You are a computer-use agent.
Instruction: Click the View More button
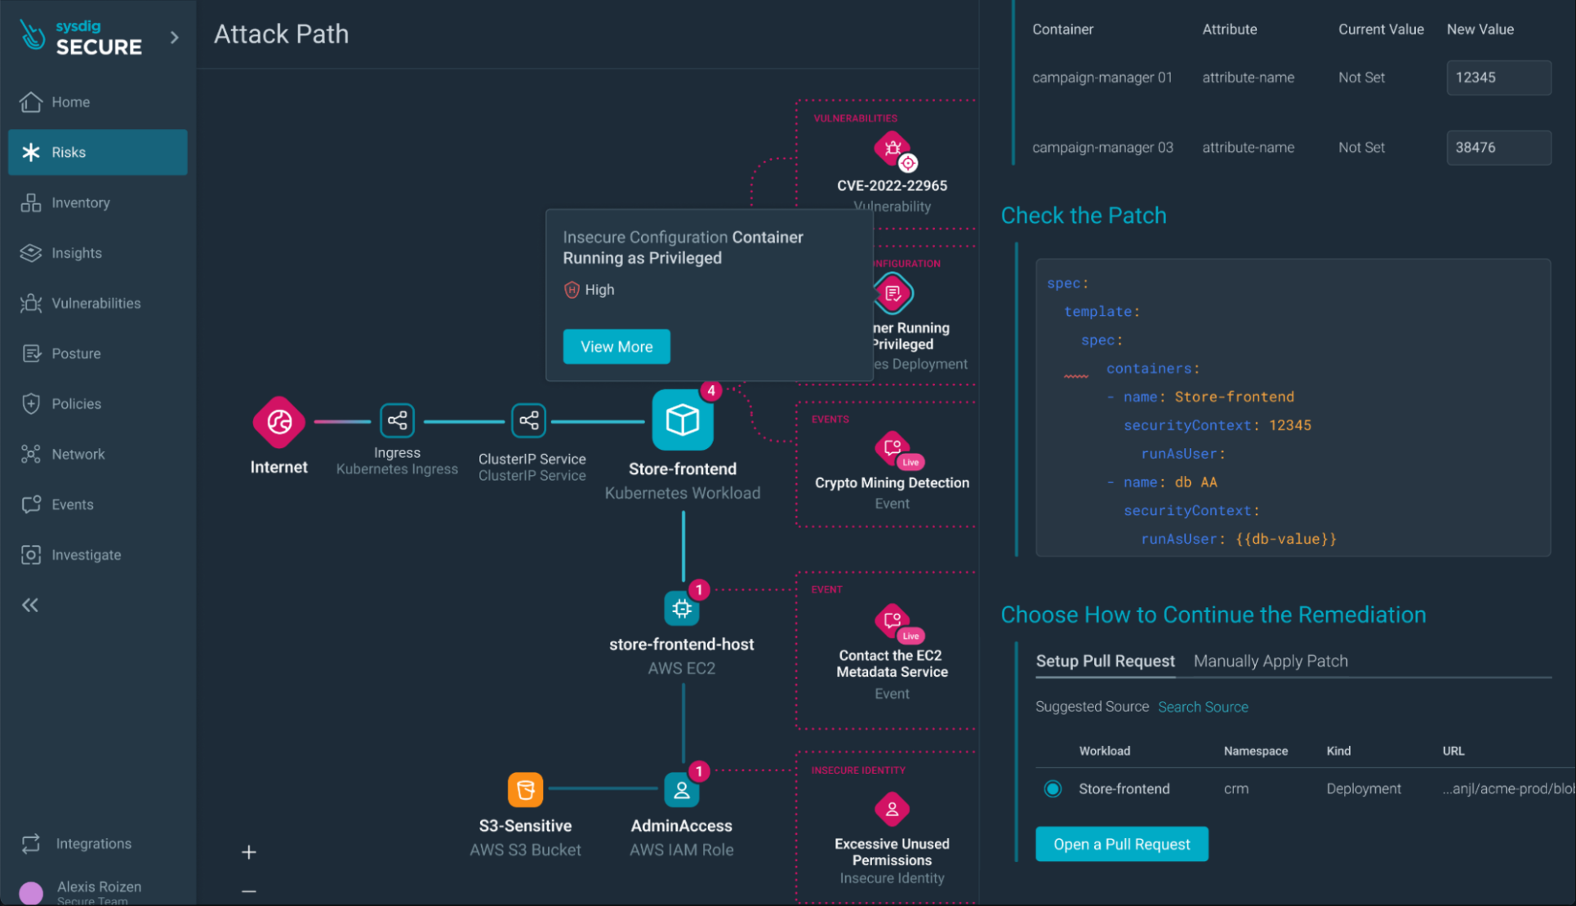[x=617, y=347]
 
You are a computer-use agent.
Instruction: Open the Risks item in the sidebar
[x=97, y=152]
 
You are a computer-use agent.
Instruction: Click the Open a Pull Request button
[x=1121, y=844]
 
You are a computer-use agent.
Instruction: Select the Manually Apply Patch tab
[x=1270, y=661]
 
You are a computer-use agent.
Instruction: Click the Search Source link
[x=1202, y=707]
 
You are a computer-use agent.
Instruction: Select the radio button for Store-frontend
[x=1053, y=788]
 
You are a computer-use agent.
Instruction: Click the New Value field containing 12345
[x=1498, y=78]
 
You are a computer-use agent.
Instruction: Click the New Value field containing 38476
[x=1498, y=148]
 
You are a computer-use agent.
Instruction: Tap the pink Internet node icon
[x=278, y=422]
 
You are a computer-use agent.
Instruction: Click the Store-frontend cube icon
[x=682, y=420]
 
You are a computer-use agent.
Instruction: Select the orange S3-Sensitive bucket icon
[x=525, y=789]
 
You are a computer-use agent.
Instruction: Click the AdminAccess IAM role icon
[x=681, y=789]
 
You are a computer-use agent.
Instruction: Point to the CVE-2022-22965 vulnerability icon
[x=893, y=149]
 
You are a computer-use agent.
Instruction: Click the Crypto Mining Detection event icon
[x=893, y=448]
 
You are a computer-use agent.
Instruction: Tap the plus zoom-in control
[x=249, y=852]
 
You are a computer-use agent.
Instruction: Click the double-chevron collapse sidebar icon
[x=30, y=605]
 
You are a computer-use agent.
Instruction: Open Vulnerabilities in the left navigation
[x=96, y=303]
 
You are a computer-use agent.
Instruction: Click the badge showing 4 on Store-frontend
[x=711, y=391]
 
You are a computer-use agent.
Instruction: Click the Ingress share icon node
[x=397, y=421]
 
